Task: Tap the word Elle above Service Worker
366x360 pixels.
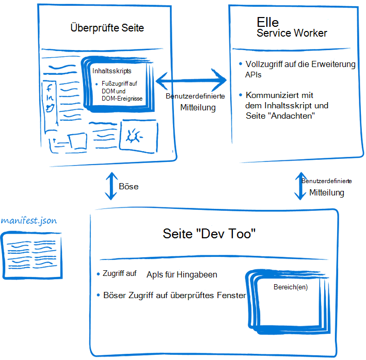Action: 267,22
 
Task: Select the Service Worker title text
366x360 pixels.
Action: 292,34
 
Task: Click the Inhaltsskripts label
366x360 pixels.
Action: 112,70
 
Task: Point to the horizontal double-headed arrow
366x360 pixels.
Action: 192,80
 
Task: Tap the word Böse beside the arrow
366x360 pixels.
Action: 129,186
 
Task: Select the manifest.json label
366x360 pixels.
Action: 29,220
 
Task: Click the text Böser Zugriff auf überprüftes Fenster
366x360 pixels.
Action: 174,296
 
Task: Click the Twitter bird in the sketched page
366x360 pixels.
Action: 50,108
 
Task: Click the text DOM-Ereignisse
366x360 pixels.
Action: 121,98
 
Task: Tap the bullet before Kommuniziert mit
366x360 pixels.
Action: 240,94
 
